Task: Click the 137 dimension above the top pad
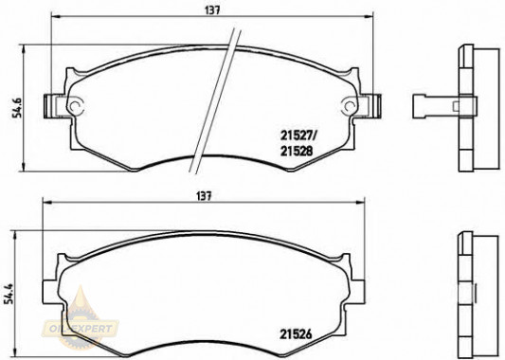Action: (x=212, y=10)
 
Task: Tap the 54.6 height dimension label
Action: (x=17, y=107)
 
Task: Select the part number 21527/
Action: (x=298, y=136)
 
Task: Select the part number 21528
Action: (x=297, y=151)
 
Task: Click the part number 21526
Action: (x=296, y=334)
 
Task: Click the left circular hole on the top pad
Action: (x=76, y=105)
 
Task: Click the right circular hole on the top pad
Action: (x=350, y=105)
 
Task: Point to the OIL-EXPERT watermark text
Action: (x=81, y=329)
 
